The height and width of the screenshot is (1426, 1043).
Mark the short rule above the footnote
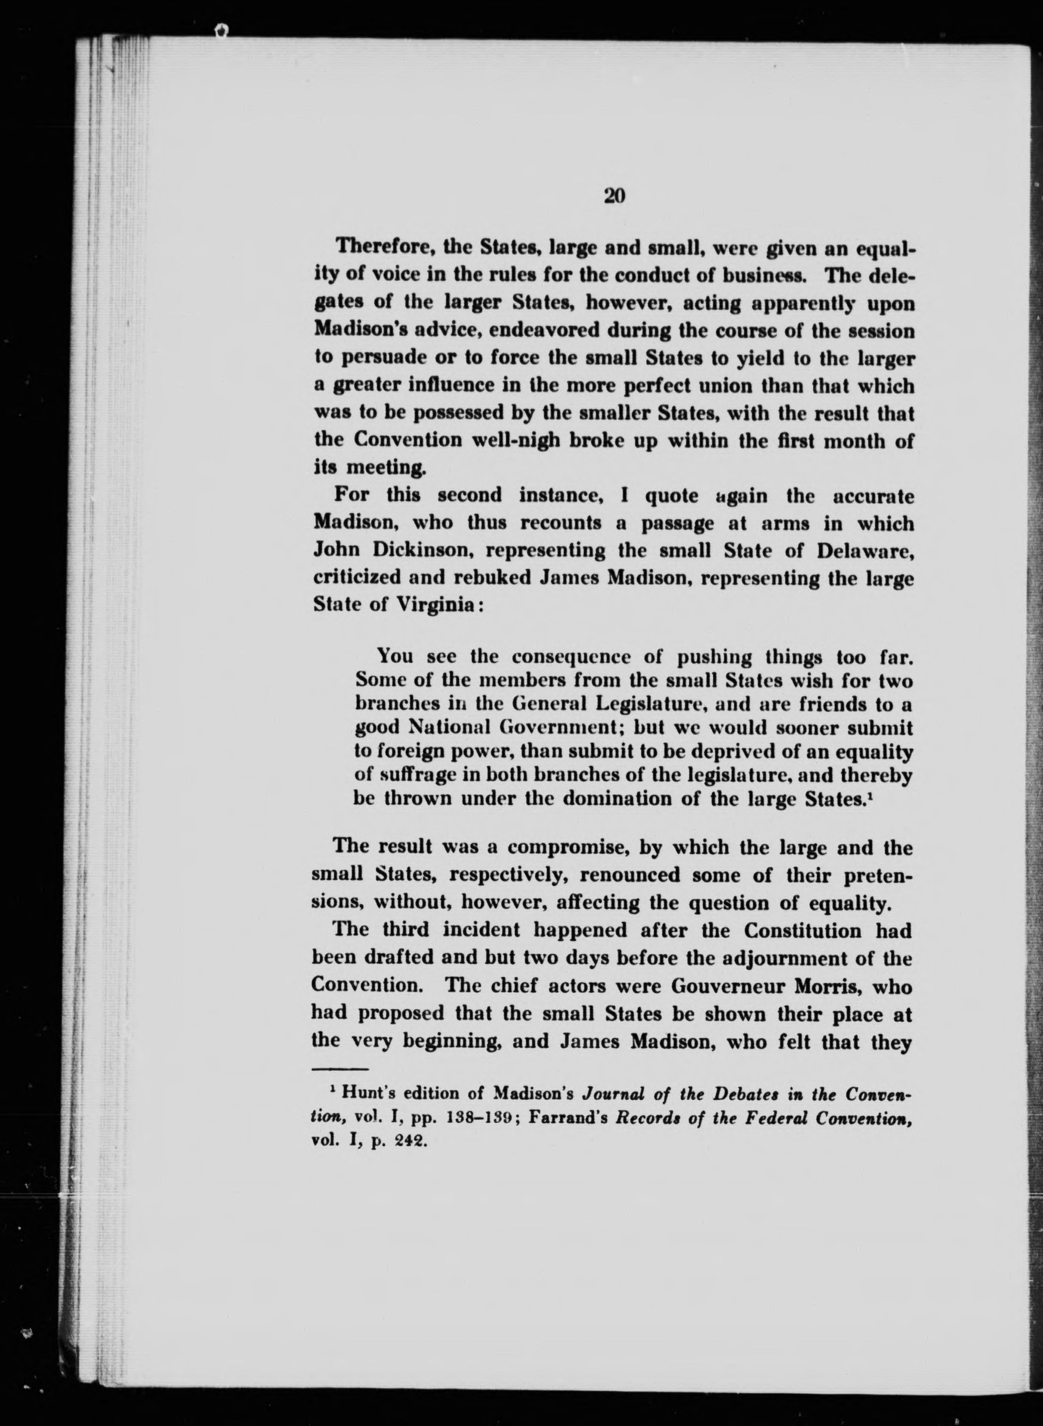341,1068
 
